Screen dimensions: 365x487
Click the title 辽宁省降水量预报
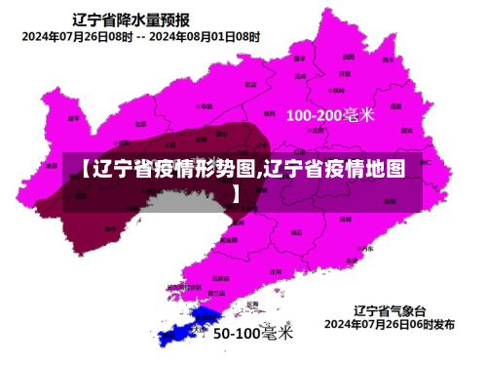coord(131,19)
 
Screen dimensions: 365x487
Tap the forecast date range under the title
coord(141,37)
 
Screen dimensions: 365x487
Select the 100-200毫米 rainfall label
coord(329,115)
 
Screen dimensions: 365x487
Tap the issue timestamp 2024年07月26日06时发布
coord(390,323)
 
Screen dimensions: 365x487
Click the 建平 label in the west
coord(73,118)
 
